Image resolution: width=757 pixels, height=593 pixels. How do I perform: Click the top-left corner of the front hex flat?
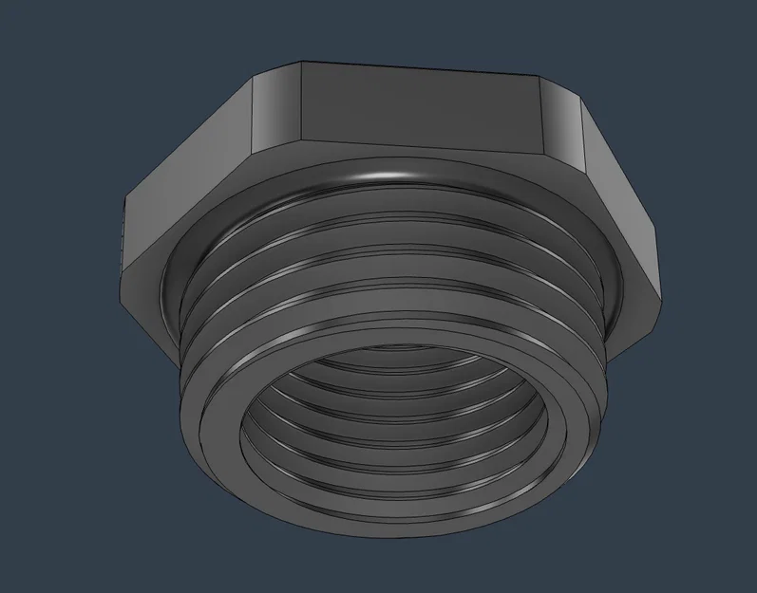[x=301, y=65]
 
